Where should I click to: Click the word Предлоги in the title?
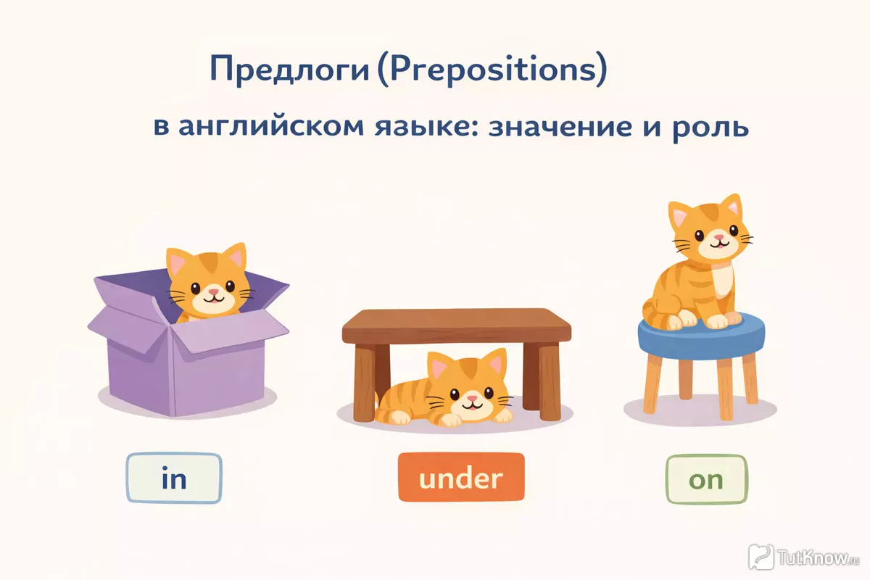(x=290, y=69)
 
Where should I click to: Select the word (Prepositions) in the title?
(x=492, y=70)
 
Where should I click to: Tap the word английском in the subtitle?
(x=271, y=127)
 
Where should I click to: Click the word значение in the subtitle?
(x=560, y=128)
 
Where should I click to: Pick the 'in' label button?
(x=174, y=478)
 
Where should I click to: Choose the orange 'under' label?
(x=461, y=477)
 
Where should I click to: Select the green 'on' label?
(x=706, y=479)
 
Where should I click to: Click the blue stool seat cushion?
(x=701, y=336)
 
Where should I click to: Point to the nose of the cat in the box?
(x=213, y=291)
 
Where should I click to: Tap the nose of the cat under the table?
(x=472, y=399)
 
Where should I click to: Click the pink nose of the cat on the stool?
(x=719, y=237)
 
